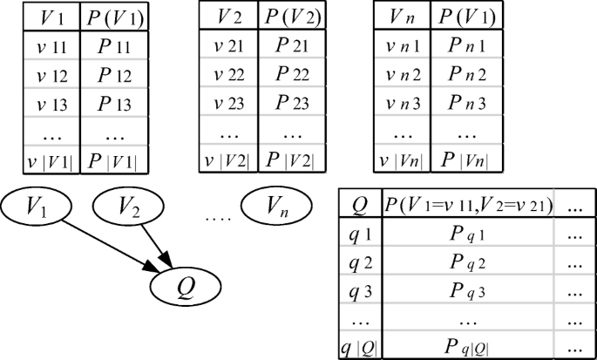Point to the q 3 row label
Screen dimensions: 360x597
[359, 292]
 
